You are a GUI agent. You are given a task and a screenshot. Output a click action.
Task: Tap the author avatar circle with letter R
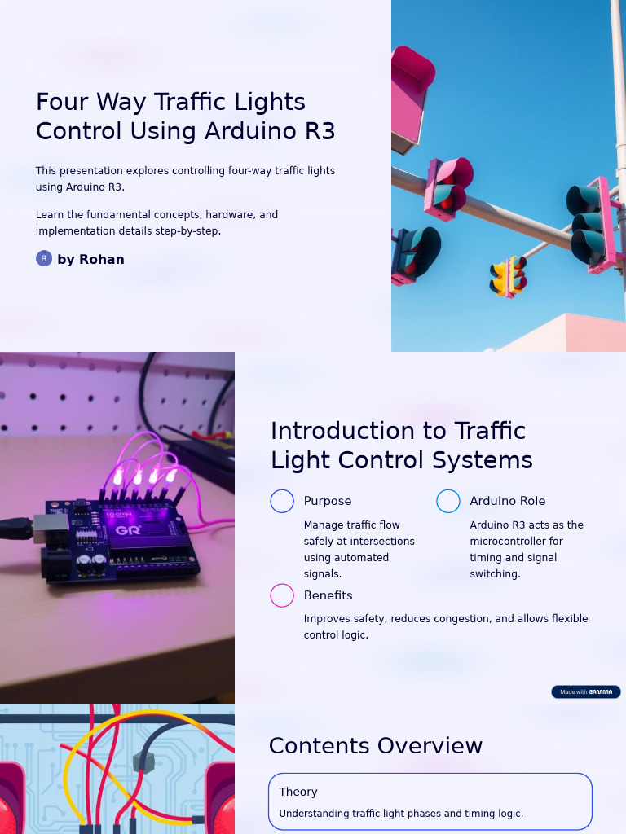tap(44, 258)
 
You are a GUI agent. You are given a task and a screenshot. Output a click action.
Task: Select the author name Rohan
tap(102, 260)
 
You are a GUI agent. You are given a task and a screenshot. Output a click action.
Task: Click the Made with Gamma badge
tap(586, 691)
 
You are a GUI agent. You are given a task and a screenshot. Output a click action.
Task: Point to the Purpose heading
tap(328, 501)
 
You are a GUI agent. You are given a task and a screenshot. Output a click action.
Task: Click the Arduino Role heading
tap(508, 501)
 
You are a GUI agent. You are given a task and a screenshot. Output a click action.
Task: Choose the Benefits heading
tap(328, 595)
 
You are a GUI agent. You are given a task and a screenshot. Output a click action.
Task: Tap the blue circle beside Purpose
tap(282, 501)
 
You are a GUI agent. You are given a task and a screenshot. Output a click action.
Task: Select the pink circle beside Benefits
tap(282, 595)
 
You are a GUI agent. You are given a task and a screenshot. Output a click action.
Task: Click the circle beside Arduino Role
tap(448, 501)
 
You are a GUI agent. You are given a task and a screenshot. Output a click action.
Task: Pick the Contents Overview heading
tap(376, 746)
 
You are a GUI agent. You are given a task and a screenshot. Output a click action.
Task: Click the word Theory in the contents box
tap(298, 792)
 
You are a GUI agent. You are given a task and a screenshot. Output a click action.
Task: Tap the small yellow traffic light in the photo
tap(509, 276)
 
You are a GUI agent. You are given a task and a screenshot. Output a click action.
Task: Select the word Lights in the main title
tap(270, 102)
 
